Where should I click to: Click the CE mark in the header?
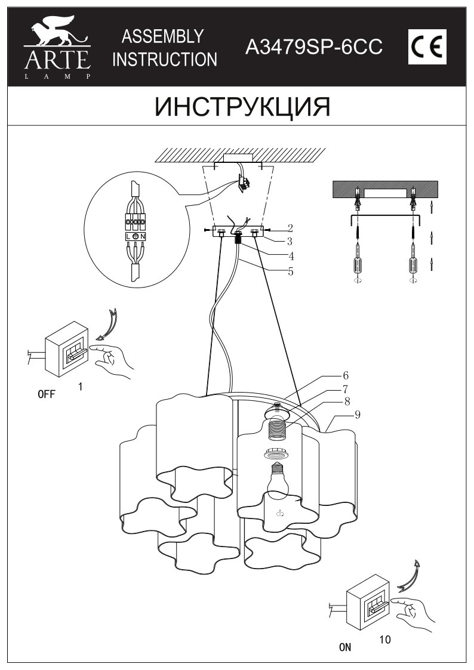[x=427, y=47]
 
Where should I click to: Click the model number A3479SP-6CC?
[x=314, y=47]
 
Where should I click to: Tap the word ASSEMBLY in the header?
[x=162, y=36]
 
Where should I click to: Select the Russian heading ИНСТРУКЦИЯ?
[x=242, y=107]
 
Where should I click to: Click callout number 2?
[x=290, y=228]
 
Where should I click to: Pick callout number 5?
[x=291, y=271]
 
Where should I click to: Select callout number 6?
[x=345, y=376]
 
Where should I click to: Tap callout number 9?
[x=358, y=415]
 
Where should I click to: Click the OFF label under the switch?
[x=47, y=394]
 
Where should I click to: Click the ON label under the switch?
[x=345, y=647]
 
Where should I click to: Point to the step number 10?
[x=384, y=640]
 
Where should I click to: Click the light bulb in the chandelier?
[x=278, y=478]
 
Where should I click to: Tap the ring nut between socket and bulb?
[x=277, y=452]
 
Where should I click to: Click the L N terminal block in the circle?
[x=136, y=236]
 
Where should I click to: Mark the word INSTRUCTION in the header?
[x=165, y=60]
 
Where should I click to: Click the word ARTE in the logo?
[x=57, y=60]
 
